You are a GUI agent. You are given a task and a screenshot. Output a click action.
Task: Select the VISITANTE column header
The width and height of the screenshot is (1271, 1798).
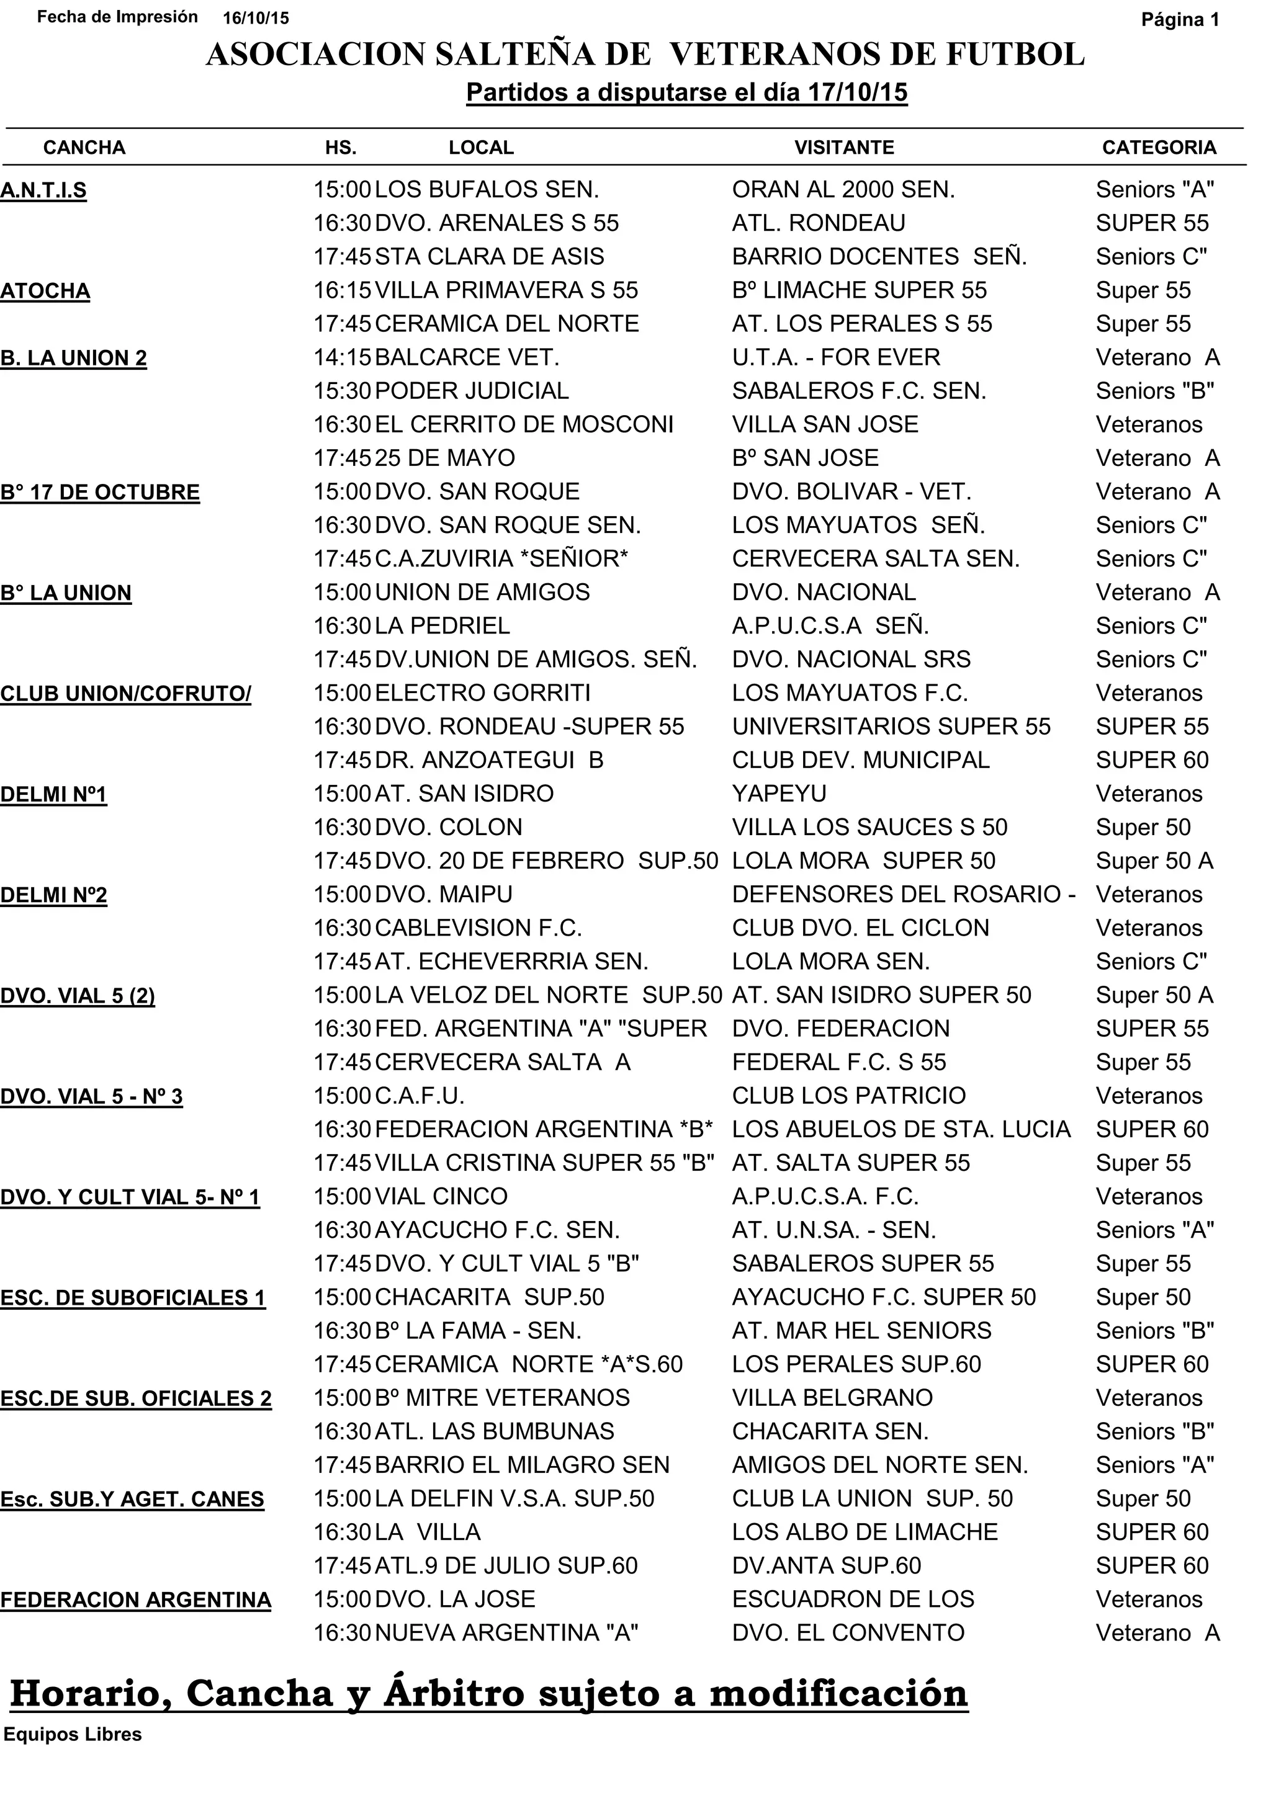843,148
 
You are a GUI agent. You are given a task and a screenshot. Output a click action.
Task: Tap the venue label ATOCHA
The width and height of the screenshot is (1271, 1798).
45,292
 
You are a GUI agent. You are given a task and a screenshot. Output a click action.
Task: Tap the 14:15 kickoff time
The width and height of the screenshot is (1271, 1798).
342,358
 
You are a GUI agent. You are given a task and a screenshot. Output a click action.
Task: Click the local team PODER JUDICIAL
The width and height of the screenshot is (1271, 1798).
472,391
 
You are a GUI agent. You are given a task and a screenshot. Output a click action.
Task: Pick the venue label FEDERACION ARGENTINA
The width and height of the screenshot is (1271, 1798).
135,1600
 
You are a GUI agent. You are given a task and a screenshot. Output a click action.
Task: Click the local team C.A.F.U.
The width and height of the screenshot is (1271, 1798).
419,1096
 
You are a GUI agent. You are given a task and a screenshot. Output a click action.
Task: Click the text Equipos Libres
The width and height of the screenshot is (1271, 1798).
73,1735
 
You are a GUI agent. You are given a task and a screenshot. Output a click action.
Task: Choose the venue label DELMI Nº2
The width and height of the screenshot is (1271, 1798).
53,895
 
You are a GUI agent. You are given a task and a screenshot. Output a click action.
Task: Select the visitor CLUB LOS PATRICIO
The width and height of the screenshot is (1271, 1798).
849,1096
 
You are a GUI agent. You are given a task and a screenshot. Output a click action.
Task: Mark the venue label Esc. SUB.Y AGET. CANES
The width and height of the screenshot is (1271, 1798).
132,1500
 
